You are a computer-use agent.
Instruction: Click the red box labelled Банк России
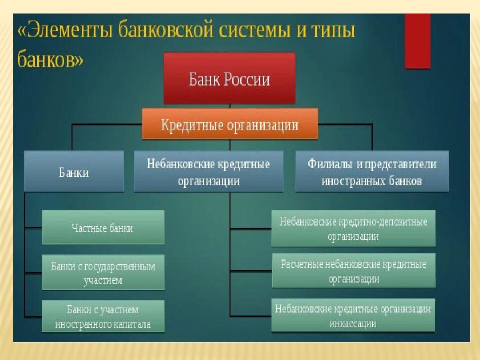coord(229,78)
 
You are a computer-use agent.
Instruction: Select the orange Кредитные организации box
coord(229,124)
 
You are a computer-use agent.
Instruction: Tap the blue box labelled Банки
coord(74,171)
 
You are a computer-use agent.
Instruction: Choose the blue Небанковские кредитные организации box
coord(208,171)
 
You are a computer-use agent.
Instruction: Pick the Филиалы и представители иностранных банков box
coord(371,171)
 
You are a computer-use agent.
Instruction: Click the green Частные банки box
coord(103,227)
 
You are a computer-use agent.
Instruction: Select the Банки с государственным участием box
coord(103,272)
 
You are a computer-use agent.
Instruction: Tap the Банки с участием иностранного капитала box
coord(103,316)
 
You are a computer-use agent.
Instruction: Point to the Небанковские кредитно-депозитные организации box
coord(353,228)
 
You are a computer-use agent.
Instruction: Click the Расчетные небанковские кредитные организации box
coord(353,270)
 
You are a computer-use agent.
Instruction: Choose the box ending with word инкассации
coord(353,315)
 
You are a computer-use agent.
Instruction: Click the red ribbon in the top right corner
coord(417,40)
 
